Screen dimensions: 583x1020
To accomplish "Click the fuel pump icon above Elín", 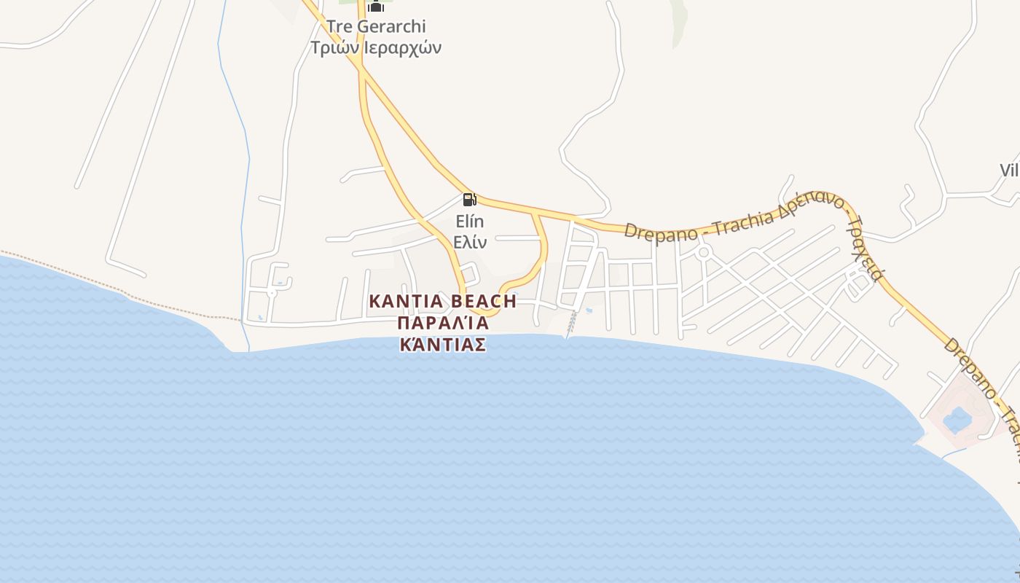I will click(x=469, y=199).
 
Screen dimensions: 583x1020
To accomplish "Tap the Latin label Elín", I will click(x=470, y=222).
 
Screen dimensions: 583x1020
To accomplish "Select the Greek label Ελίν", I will click(x=470, y=243).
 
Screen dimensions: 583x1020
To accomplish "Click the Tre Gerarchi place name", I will click(x=376, y=27).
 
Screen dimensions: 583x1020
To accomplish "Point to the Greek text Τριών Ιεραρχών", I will click(x=376, y=48).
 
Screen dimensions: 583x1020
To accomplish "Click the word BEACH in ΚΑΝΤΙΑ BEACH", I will click(x=484, y=301).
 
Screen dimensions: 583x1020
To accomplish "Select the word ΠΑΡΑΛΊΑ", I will click(x=443, y=323).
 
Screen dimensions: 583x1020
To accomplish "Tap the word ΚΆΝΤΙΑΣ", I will click(x=443, y=344).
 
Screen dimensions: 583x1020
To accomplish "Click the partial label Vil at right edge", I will click(x=1009, y=171).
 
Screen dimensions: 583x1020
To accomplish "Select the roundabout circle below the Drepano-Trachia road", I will click(x=703, y=253).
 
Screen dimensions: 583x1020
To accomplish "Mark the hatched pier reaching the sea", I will click(x=572, y=324).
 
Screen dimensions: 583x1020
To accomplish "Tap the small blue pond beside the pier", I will click(x=589, y=311).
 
